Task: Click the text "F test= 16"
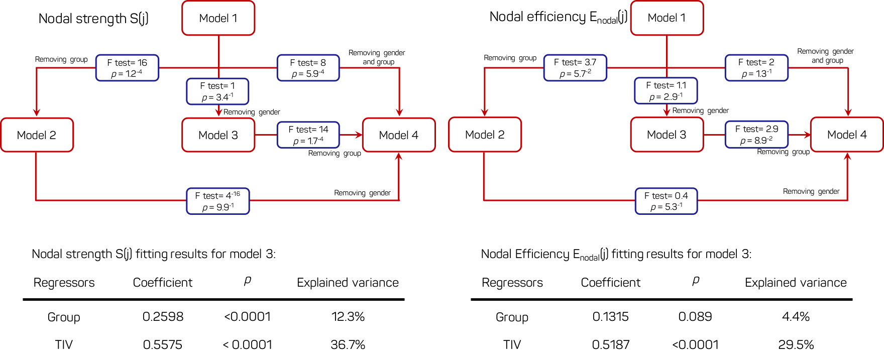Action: tap(127, 63)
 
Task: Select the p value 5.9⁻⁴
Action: tap(308, 74)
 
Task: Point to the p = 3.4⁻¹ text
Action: tap(217, 97)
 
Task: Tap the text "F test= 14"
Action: tap(308, 130)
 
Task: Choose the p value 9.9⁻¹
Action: tap(218, 207)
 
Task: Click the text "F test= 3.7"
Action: tap(575, 62)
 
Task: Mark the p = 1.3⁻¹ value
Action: tap(756, 74)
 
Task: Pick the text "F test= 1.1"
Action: tap(666, 85)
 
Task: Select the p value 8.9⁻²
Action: tap(756, 141)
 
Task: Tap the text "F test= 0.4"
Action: tap(666, 196)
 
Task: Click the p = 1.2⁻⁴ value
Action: tap(127, 74)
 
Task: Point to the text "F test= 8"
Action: tap(308, 63)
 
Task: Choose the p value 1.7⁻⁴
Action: tap(308, 141)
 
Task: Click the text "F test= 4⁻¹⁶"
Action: tap(217, 195)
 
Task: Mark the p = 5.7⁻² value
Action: tap(575, 74)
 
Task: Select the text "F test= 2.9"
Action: tap(756, 129)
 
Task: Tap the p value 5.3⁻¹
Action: tap(666, 207)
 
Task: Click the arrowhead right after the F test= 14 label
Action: tap(359, 135)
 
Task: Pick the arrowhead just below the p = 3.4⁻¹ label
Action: tap(218, 113)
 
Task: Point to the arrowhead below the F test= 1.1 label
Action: tap(667, 112)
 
